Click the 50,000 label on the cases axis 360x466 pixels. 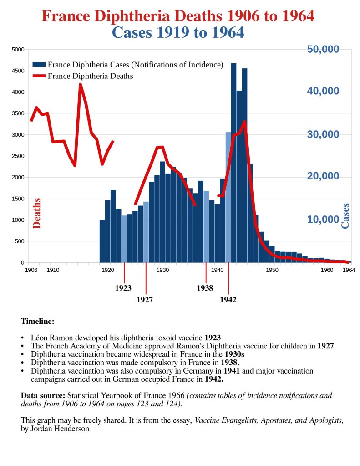pos(322,49)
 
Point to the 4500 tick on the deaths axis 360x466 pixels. pos(18,71)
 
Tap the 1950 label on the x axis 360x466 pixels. pos(272,270)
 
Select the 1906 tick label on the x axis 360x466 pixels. pos(31,270)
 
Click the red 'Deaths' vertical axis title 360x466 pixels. pos(37,213)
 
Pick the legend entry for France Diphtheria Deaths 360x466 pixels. pos(90,76)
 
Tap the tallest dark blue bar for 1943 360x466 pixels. pos(233,159)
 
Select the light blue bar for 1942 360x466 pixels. pos(228,196)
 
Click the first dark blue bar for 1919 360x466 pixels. pos(102,241)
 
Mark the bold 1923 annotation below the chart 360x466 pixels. pos(123,288)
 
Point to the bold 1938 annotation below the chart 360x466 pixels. pos(205,288)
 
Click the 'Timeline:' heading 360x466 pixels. pos(37,321)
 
